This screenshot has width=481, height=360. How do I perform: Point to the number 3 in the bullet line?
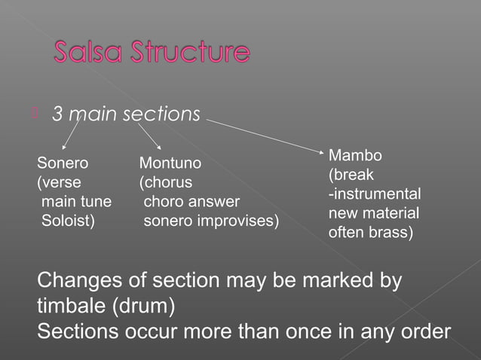click(57, 114)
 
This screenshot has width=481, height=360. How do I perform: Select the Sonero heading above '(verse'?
click(63, 162)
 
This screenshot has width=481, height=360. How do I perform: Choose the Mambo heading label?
click(355, 156)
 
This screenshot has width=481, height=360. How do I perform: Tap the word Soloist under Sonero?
click(68, 221)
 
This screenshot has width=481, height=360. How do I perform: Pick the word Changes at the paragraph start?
click(75, 282)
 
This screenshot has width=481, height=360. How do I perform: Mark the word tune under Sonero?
click(96, 202)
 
